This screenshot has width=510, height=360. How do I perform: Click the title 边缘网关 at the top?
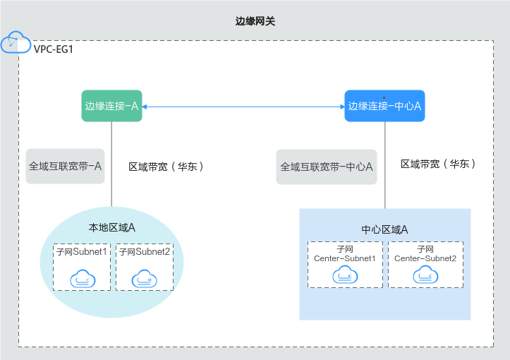(255, 22)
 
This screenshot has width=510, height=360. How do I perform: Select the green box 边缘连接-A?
(111, 106)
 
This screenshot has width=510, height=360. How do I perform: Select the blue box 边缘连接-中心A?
(384, 106)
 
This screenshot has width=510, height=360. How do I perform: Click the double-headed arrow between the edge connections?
(243, 107)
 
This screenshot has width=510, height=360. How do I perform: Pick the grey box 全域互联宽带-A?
(65, 167)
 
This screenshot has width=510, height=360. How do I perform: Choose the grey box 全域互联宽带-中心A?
(327, 167)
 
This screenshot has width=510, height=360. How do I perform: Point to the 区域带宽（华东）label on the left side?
(167, 167)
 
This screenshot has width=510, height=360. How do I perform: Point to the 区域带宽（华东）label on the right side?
(438, 164)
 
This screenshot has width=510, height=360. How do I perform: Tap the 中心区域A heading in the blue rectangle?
(384, 229)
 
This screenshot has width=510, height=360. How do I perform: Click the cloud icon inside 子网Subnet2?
(144, 278)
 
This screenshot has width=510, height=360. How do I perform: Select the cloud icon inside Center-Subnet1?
(345, 275)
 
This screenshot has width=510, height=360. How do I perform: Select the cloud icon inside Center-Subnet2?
(425, 275)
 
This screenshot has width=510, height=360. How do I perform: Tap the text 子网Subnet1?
(82, 251)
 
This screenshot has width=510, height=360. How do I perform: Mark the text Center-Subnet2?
(425, 258)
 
